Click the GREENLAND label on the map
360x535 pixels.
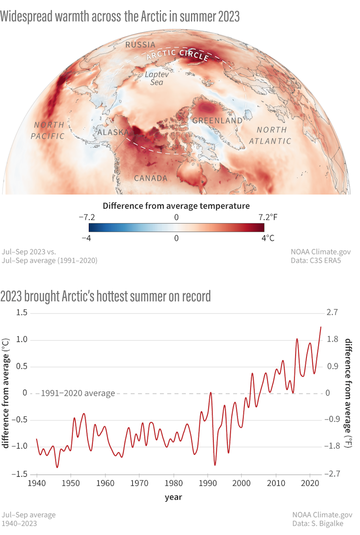coord(217,121)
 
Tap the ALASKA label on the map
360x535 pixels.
coord(113,132)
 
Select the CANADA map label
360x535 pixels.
coord(150,178)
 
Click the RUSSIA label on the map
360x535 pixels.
coord(140,45)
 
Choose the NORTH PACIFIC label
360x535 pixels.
coord(48,130)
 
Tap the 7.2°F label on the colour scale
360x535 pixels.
coord(267,217)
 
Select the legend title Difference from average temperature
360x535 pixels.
coord(176,206)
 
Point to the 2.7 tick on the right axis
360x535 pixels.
coord(332,313)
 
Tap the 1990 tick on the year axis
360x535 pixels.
coord(208,483)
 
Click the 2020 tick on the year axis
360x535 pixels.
coord(310,483)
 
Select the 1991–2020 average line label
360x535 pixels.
coord(78,394)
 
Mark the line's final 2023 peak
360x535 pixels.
coord(320,327)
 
